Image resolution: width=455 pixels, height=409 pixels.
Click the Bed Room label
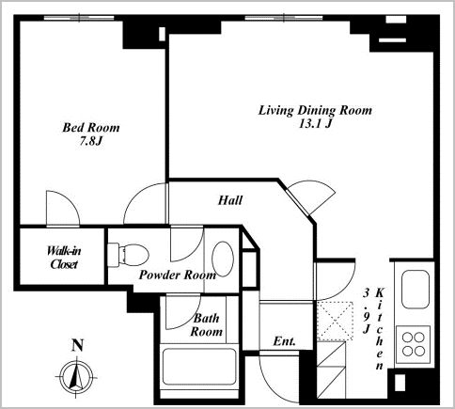point(91,128)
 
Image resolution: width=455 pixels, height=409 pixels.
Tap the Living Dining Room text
point(315,110)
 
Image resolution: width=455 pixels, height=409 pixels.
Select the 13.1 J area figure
point(315,124)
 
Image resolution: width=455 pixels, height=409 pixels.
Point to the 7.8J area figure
point(90,142)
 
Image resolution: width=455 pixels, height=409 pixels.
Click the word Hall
point(230,200)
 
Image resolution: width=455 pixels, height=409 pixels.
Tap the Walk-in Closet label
point(64,258)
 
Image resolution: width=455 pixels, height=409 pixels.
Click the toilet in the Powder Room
point(128,253)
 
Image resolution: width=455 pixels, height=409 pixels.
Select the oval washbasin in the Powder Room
point(223,259)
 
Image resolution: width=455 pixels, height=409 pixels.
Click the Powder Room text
point(178,275)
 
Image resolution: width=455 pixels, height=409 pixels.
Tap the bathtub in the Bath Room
point(198,367)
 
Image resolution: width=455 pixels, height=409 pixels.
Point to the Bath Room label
point(207,325)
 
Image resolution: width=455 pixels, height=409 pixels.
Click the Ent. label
point(284,341)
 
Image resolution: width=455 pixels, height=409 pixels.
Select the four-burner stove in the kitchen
point(413,345)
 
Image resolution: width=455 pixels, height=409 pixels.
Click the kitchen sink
point(416,289)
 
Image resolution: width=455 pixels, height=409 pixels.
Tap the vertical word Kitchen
point(380,329)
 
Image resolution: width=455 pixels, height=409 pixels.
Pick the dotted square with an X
point(335,322)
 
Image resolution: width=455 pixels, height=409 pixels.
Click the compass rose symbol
point(76,376)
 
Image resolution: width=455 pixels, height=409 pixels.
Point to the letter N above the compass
point(78,345)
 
